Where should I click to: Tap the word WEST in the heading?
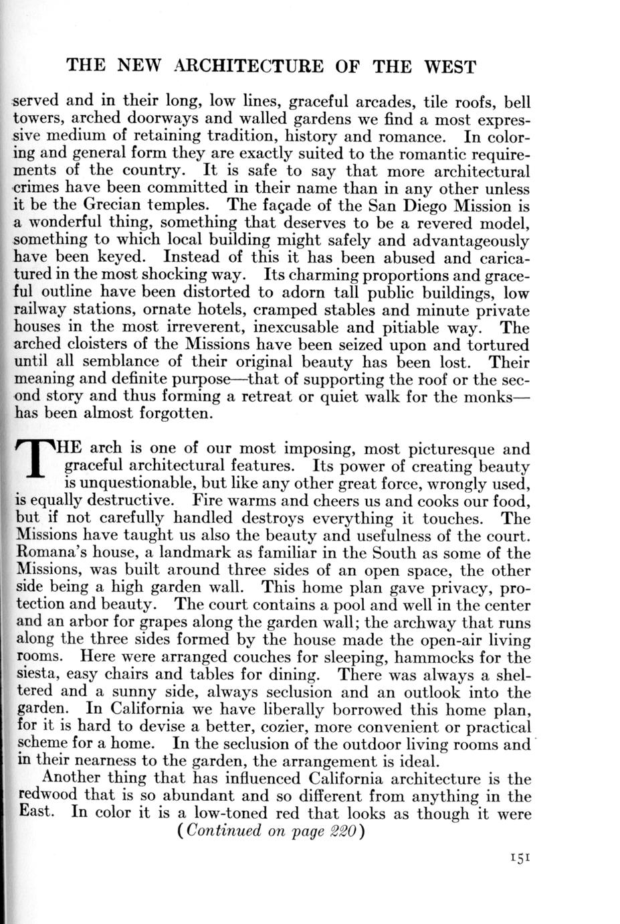coord(450,66)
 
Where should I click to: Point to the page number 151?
coord(518,858)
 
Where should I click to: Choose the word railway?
coord(41,311)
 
